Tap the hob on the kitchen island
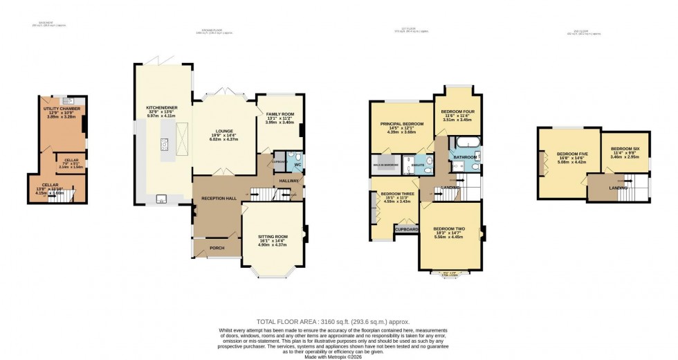(x=165, y=144)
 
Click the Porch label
(x=217, y=248)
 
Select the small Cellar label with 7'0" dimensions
(x=71, y=160)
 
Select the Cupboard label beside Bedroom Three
(x=406, y=229)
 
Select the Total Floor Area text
(x=333, y=322)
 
